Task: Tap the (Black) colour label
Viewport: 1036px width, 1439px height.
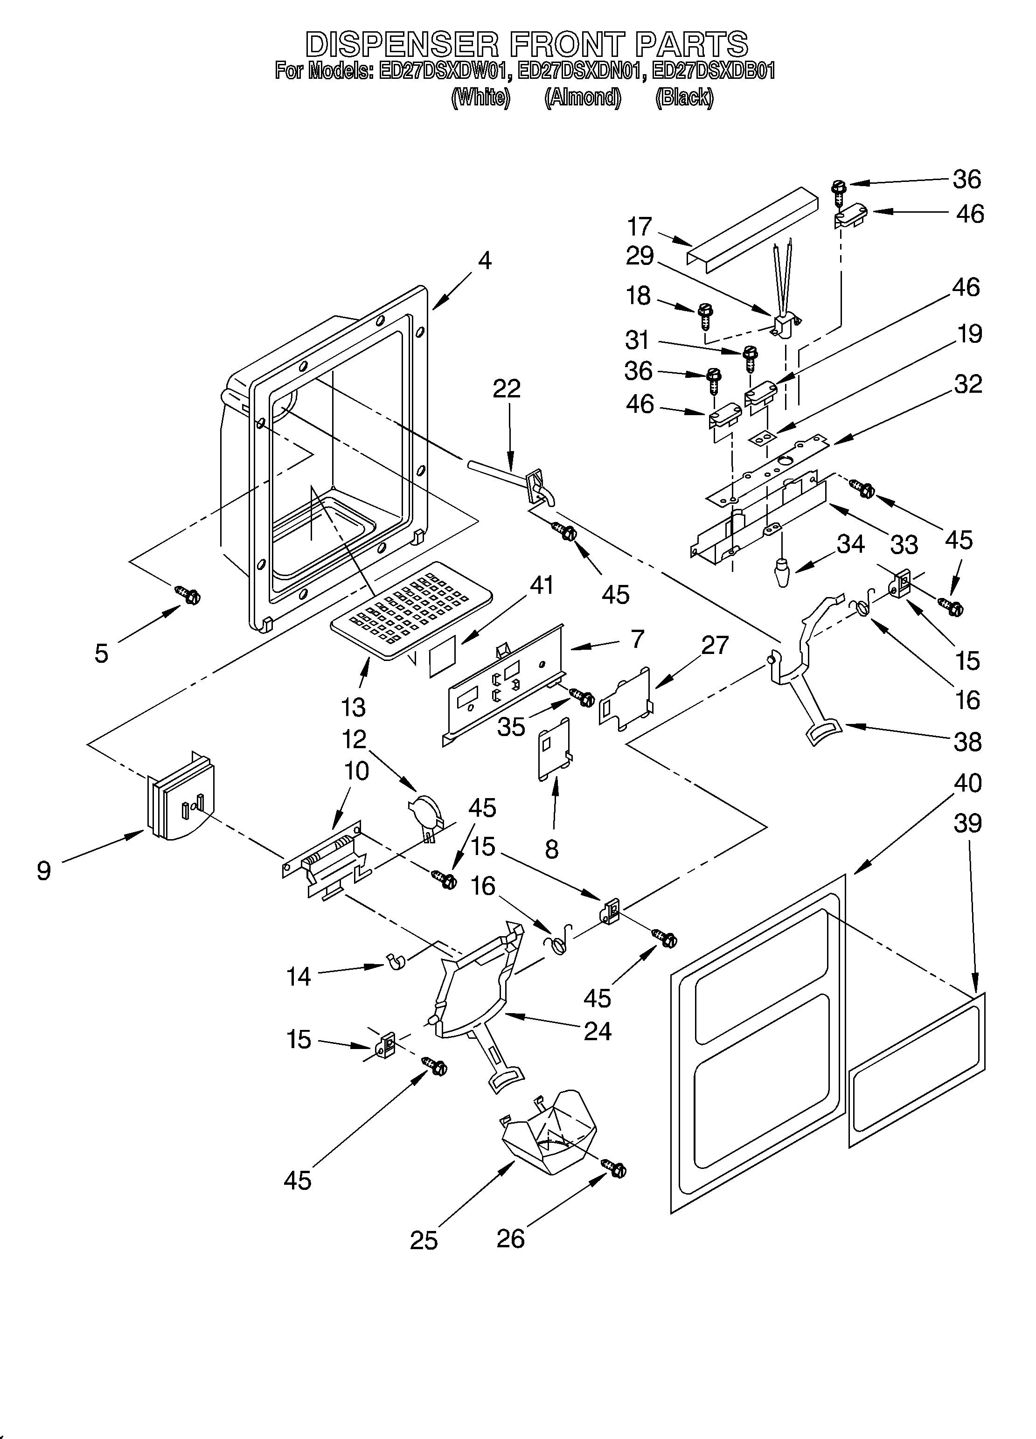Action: [684, 97]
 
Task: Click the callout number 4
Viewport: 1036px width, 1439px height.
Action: [485, 260]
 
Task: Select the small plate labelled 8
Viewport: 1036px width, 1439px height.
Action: [554, 748]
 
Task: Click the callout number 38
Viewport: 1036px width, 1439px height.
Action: [967, 742]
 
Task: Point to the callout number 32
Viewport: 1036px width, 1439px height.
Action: [967, 384]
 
